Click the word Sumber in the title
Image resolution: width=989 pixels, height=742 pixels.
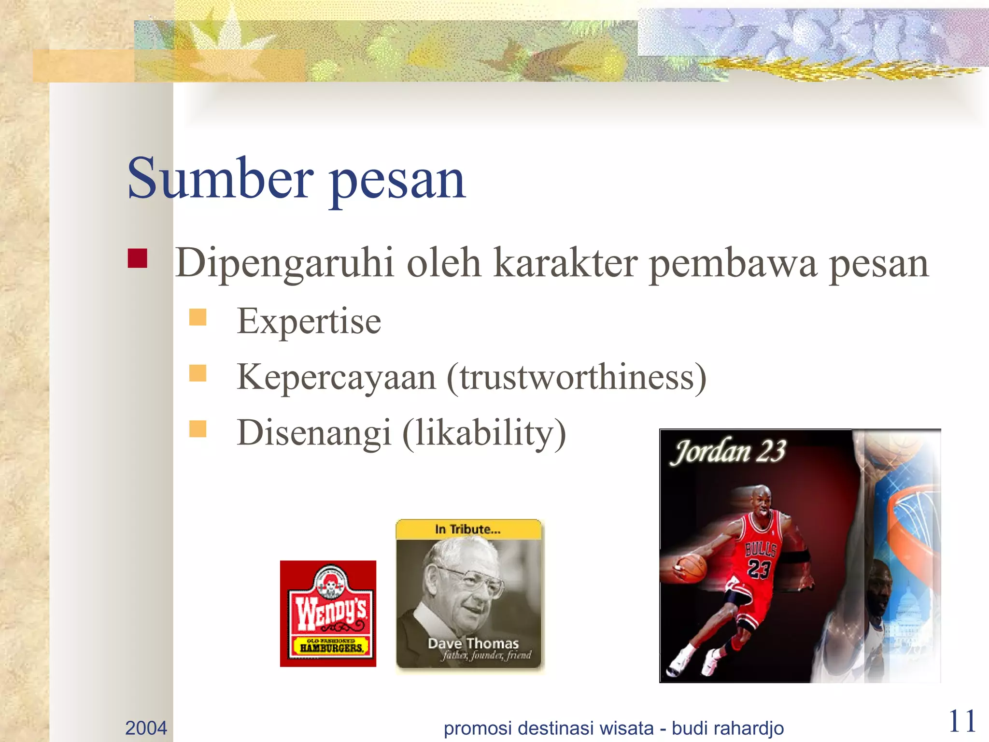220,179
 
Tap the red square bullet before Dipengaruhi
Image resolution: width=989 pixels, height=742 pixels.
138,258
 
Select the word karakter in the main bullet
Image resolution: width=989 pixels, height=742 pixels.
565,263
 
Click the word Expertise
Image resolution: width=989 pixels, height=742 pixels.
309,321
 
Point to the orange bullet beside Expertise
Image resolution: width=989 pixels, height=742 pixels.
198,317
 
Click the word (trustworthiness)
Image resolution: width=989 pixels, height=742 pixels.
577,377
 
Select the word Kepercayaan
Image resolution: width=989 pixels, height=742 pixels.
336,377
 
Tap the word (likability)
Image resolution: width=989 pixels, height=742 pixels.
484,433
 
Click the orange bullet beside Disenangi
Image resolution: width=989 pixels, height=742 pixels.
198,428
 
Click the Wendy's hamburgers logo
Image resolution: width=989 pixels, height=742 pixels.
328,614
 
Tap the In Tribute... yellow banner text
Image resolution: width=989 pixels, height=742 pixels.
467,529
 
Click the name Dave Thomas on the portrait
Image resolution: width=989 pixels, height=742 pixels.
473,643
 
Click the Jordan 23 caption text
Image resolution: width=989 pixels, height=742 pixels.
729,452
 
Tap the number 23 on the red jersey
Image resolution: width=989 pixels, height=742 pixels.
759,568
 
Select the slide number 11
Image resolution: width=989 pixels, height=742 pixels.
962,722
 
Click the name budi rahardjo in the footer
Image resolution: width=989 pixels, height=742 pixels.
728,728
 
